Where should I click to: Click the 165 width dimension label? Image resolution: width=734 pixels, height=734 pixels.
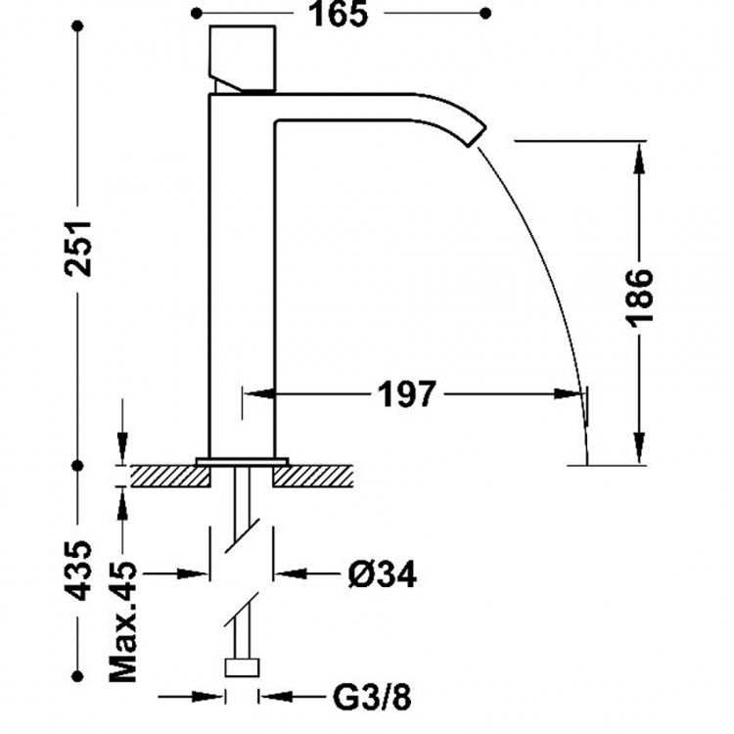click(x=338, y=14)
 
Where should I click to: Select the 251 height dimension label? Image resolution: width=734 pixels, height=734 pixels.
click(x=78, y=249)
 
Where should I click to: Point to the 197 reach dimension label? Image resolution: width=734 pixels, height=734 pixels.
click(x=407, y=394)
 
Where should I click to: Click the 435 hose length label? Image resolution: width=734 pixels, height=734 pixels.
click(x=78, y=571)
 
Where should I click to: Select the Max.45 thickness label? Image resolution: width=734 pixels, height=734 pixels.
click(x=122, y=621)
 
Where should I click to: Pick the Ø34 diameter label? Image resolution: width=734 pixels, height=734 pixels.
click(x=382, y=573)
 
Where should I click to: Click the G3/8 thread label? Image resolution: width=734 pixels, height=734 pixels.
click(x=372, y=697)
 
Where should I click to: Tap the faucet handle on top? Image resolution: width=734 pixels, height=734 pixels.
click(x=242, y=58)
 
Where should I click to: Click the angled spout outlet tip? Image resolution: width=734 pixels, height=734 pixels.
click(x=477, y=136)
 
